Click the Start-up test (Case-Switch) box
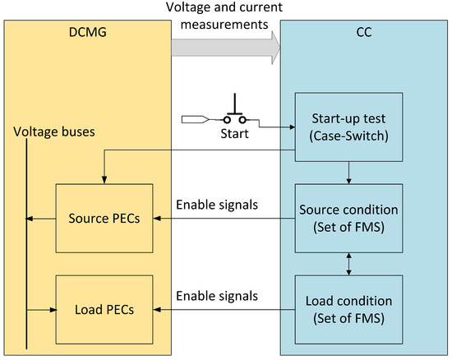349,129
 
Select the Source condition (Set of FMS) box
349,219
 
